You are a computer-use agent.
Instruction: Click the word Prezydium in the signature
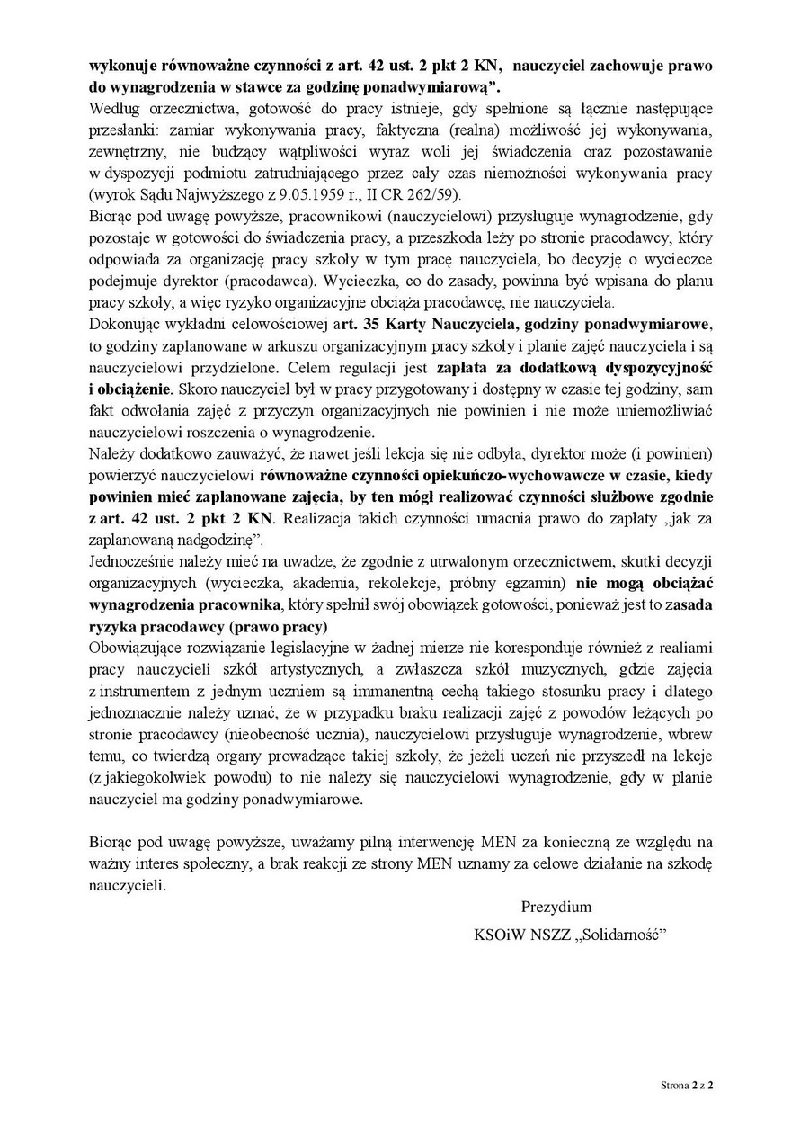coord(556,907)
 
